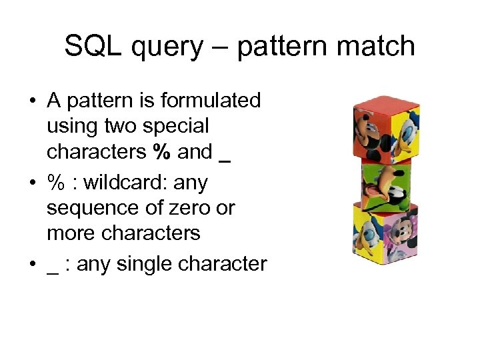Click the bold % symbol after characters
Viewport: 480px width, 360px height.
pos(161,152)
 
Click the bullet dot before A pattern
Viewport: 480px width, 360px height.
pos(31,101)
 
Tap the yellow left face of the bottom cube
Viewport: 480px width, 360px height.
pos(365,230)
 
